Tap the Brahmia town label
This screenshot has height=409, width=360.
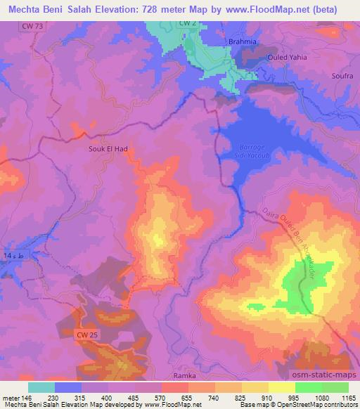(243, 41)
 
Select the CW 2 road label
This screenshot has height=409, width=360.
(186, 23)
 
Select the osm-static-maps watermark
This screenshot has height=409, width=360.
(325, 373)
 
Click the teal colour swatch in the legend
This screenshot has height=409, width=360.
(41, 387)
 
